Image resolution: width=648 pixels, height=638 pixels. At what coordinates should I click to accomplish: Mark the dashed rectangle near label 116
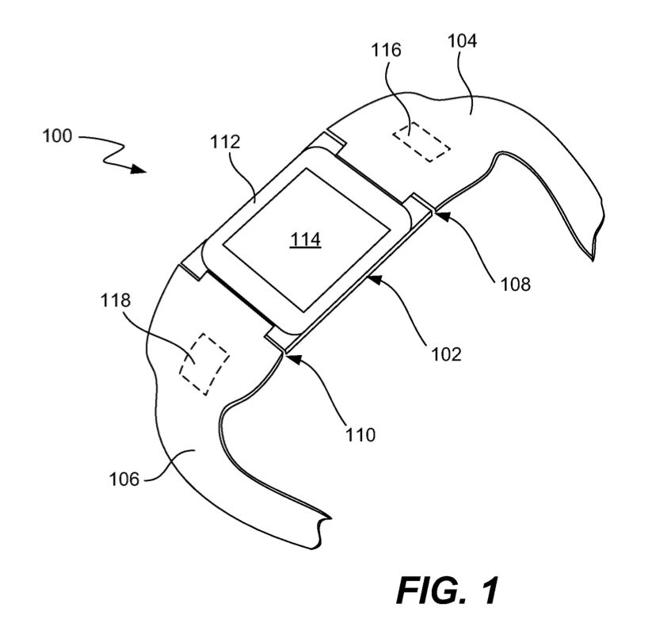[x=421, y=140]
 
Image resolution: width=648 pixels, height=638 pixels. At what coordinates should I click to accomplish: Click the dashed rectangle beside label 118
[x=204, y=364]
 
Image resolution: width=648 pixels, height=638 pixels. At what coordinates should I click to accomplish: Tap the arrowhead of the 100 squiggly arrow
[x=140, y=169]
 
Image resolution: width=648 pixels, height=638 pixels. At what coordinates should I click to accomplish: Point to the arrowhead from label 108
[x=439, y=211]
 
